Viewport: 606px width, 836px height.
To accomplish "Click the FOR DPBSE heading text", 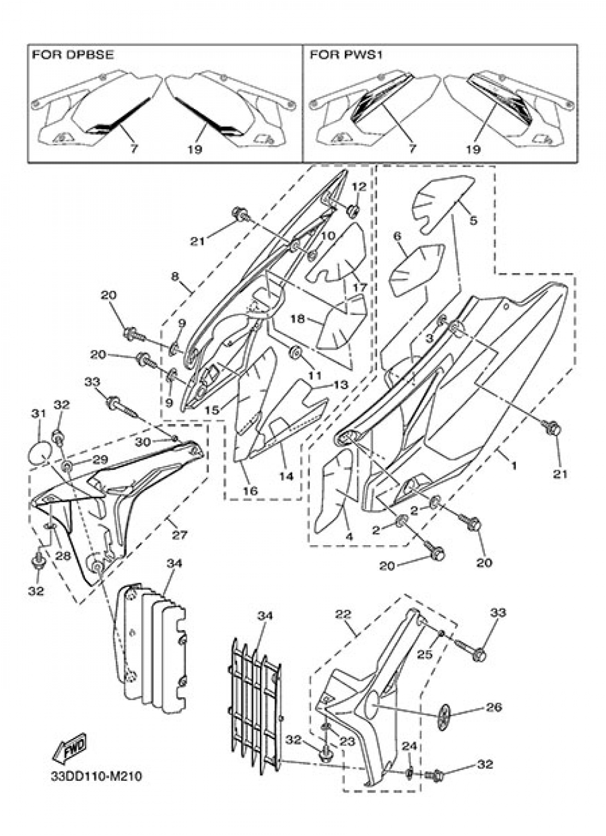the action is (x=73, y=55).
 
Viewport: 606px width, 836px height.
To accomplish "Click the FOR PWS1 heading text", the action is (x=347, y=55).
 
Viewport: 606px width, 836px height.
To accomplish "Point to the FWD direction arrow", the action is (x=71, y=749).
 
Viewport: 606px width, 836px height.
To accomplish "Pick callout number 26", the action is (x=494, y=707).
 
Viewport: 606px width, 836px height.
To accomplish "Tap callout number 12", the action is (x=358, y=186).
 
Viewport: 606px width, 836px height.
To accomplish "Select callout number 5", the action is (x=473, y=220).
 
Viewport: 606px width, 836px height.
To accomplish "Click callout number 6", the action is (x=398, y=236).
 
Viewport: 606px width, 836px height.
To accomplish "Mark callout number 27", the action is (x=179, y=535).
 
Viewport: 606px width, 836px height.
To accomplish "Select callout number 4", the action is (x=349, y=537).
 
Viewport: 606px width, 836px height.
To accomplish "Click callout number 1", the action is (x=513, y=466).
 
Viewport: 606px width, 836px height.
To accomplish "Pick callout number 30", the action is (x=143, y=442).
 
